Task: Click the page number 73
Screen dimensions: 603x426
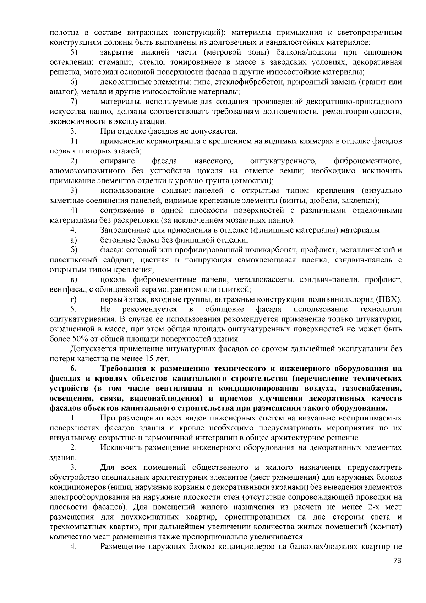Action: [397, 561]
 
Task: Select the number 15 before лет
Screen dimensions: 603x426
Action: [149, 358]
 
